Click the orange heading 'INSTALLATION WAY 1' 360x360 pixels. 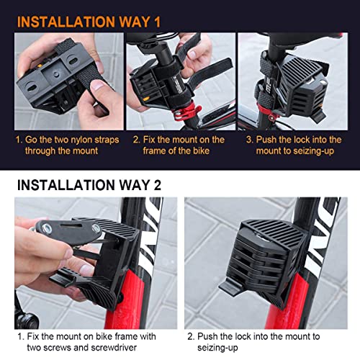(89, 22)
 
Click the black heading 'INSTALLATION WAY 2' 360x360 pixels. (89, 185)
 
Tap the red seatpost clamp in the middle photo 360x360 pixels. (186, 111)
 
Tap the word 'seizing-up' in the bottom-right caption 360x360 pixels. (217, 348)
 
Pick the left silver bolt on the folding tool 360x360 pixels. (46, 228)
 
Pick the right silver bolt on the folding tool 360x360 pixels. (96, 228)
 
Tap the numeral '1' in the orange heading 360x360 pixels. (156, 22)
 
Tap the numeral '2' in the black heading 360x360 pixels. (157, 185)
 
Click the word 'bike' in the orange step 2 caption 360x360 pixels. (202, 151)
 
